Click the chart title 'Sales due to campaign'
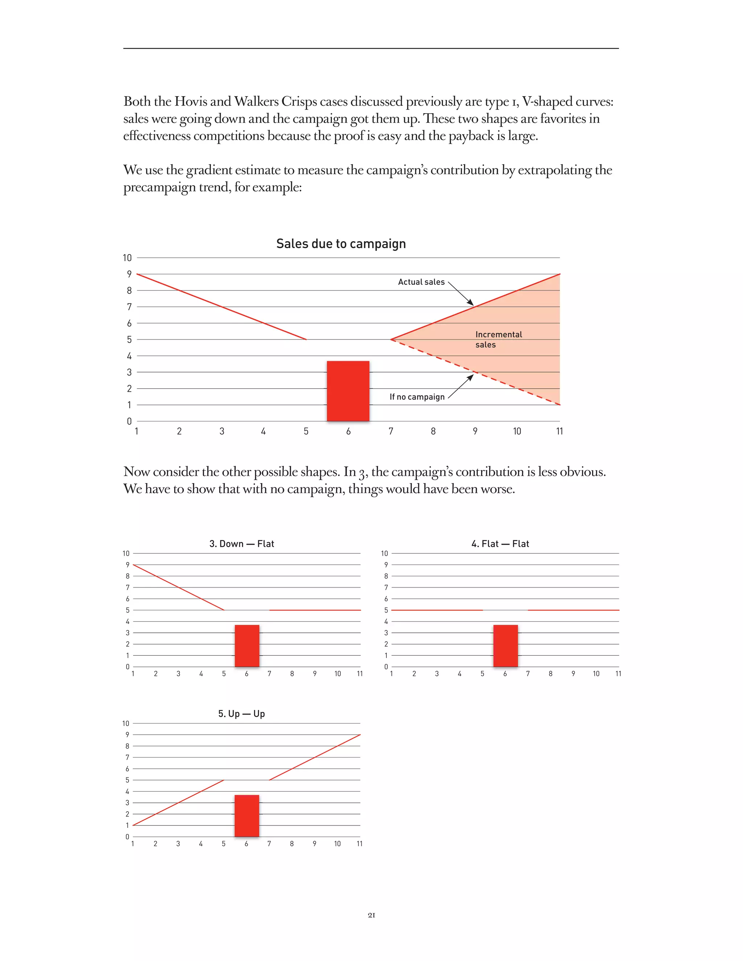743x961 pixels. [341, 244]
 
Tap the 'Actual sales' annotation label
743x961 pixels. [421, 282]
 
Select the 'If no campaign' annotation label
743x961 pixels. [417, 397]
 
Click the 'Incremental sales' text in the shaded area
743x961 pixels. [498, 339]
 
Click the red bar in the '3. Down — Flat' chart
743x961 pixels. [247, 646]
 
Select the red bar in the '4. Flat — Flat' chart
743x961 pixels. [505, 646]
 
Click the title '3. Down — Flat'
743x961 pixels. [242, 544]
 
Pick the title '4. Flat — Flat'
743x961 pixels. [500, 544]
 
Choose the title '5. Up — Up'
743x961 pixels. [242, 714]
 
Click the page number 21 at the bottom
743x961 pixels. [371, 915]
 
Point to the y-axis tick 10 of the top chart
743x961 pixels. [127, 258]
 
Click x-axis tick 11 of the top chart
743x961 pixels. [559, 431]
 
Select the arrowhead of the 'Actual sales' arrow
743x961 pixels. [471, 303]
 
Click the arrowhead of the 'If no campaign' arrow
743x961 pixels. [471, 377]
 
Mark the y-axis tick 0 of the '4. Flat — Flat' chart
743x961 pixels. [386, 667]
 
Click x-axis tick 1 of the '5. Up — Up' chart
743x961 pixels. [132, 844]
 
